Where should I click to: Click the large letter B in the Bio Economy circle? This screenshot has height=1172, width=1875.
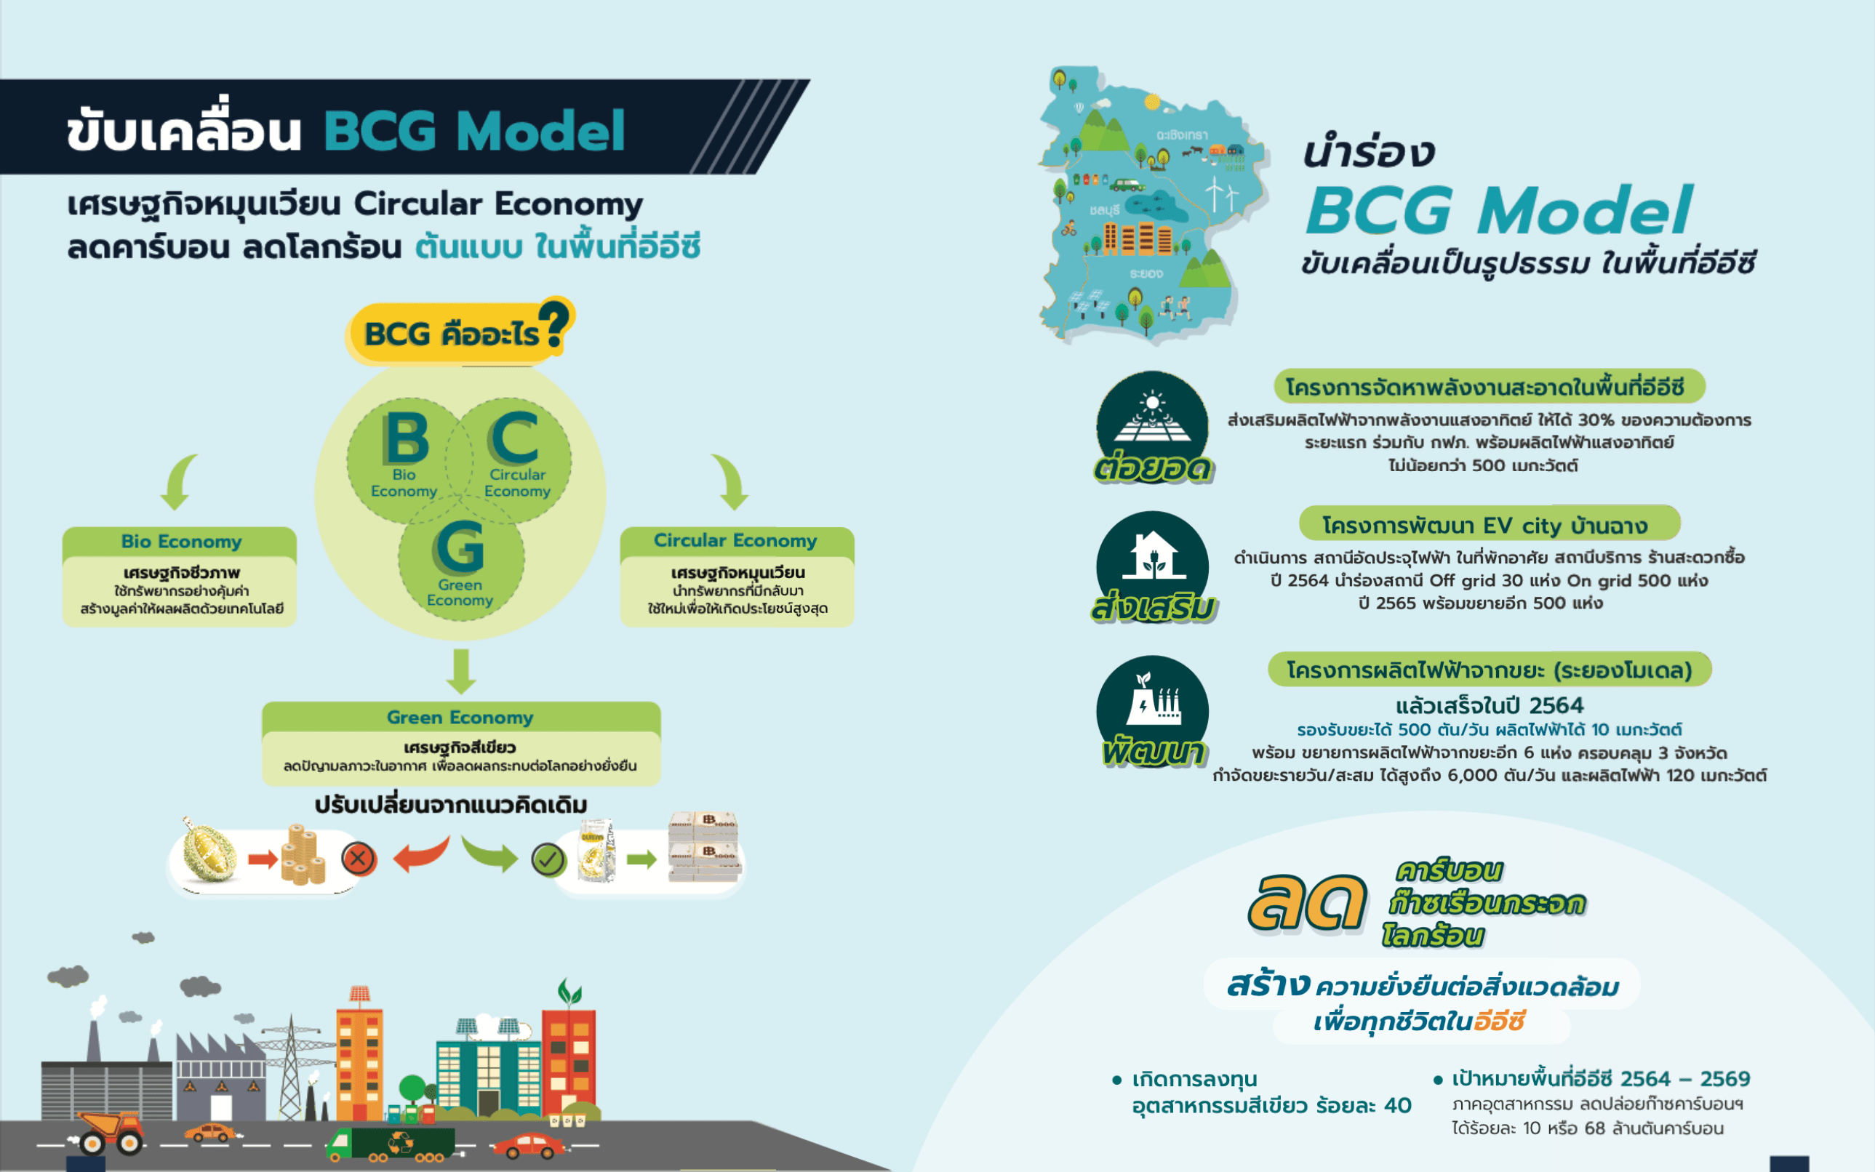tap(407, 437)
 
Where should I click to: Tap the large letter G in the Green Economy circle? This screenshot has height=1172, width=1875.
tap(460, 546)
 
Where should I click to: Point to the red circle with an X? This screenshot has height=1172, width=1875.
tap(359, 859)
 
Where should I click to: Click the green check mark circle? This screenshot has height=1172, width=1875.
tap(549, 859)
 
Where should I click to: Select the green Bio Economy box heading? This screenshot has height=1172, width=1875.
tap(180, 541)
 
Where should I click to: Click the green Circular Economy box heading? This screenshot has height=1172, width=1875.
tap(736, 540)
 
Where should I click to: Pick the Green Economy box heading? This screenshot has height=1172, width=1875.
tap(460, 717)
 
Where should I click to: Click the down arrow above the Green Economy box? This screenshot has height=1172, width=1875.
tap(461, 671)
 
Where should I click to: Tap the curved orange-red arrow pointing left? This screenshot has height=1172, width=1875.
tap(422, 854)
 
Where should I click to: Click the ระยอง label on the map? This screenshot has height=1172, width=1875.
tap(1146, 273)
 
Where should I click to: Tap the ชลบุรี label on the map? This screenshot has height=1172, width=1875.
tap(1104, 210)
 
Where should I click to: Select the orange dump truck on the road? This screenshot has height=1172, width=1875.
tap(109, 1133)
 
